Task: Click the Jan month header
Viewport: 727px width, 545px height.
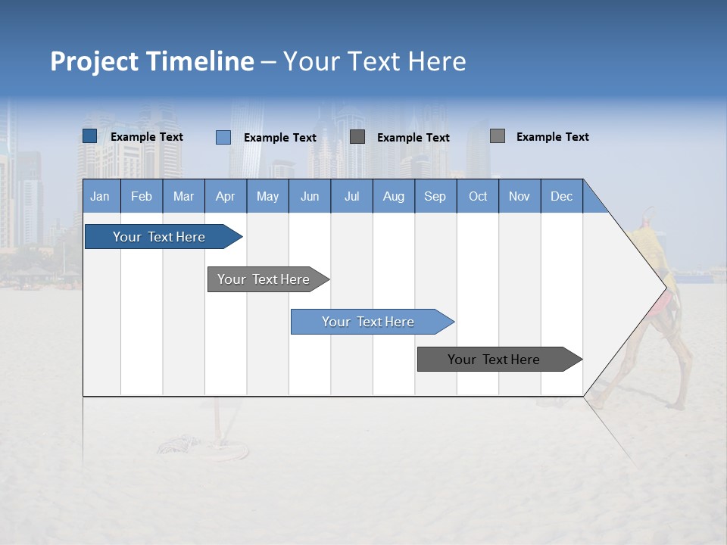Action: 100,196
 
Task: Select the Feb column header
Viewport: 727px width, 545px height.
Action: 142,196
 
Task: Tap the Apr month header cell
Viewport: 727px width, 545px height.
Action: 226,196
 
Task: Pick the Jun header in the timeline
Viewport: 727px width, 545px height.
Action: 310,196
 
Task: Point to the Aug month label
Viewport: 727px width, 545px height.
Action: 394,196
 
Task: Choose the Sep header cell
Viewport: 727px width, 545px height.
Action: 435,196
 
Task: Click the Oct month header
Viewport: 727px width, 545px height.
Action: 478,196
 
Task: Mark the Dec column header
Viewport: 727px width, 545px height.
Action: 562,196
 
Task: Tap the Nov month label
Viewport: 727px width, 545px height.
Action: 520,196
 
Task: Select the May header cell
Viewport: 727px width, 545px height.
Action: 267,196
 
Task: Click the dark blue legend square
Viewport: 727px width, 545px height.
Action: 90,136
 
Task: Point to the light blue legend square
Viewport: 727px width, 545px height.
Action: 223,137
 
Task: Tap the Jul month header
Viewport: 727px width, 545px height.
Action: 352,196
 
